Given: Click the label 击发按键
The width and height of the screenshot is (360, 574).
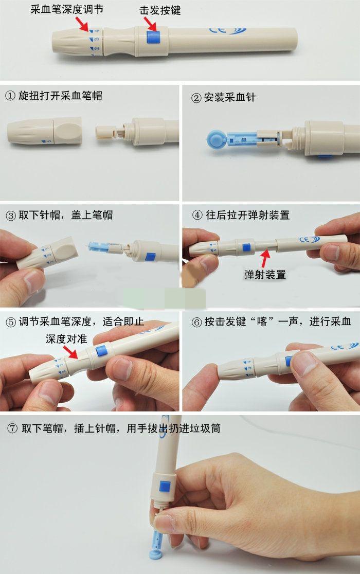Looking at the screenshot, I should [160, 10].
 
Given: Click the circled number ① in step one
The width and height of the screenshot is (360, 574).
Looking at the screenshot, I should [10, 96].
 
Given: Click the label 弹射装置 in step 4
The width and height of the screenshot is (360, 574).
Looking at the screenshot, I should [265, 274].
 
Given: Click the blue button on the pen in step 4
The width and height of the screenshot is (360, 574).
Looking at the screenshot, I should [246, 246].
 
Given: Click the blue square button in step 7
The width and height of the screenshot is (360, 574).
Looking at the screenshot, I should [165, 485].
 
